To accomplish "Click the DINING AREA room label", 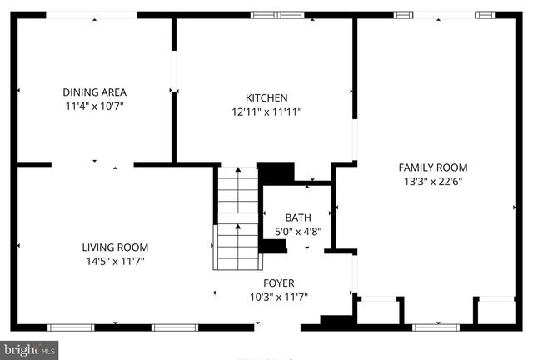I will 94,92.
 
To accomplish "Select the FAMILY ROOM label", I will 433,167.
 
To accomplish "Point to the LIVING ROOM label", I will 115,247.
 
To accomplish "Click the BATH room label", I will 298,218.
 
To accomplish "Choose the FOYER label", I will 279,283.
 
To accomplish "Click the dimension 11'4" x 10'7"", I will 94,107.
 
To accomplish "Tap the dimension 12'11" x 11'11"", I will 266,112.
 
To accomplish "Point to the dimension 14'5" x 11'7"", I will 115,262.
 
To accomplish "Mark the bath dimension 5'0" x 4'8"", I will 298,233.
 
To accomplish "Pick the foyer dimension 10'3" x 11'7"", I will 279,297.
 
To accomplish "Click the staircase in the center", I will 238,218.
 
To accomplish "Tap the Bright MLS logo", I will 29,351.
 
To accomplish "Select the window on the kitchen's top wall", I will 278,14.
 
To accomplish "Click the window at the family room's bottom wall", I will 436,327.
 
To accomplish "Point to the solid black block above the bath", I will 276,172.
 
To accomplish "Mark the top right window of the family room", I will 485,14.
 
